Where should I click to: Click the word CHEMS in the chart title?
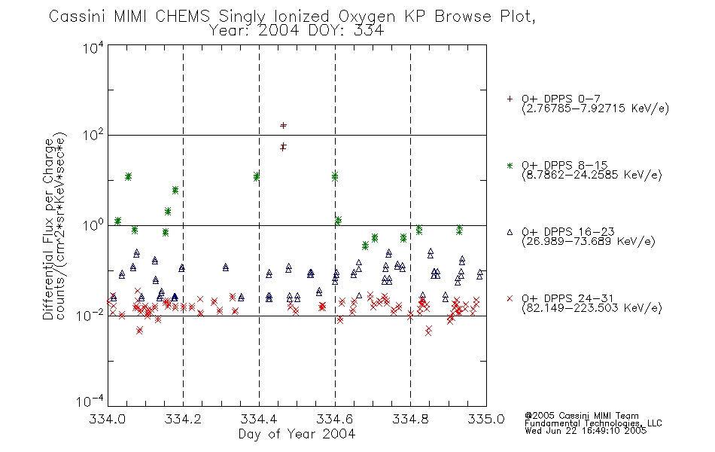point(182,17)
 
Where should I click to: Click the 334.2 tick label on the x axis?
point(183,419)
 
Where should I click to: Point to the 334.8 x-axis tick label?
point(410,419)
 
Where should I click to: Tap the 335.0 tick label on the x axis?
point(486,419)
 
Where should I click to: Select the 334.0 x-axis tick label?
point(107,419)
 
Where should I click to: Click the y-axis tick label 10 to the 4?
point(93,47)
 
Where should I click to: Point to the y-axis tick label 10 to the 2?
point(93,135)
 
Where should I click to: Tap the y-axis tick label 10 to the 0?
point(93,225)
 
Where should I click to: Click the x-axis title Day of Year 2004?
point(297,434)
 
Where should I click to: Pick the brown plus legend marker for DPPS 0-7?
point(510,99)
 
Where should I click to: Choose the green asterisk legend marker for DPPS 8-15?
point(510,165)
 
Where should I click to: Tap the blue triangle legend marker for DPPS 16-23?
point(510,232)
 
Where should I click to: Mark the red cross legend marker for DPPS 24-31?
point(510,298)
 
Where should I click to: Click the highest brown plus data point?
point(283,125)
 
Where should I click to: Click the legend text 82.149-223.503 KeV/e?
point(592,307)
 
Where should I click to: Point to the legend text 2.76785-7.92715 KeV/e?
point(595,108)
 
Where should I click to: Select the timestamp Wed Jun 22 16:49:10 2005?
point(586,431)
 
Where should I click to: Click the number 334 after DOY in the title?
point(368,31)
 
